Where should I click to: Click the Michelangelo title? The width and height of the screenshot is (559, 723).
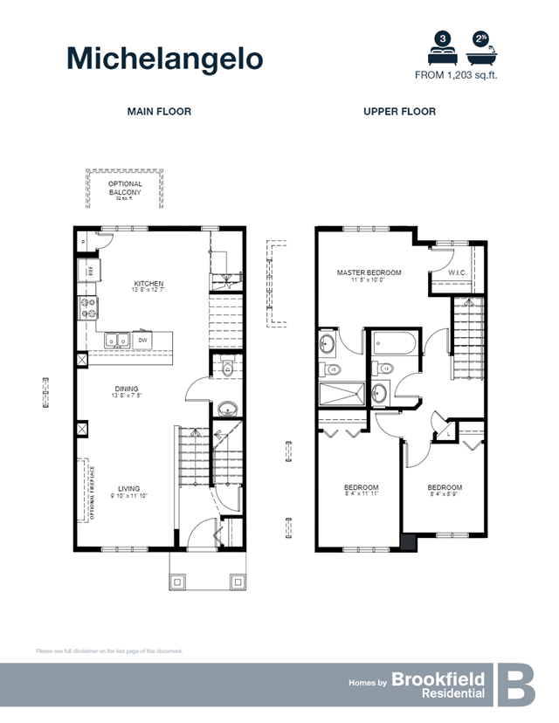164,58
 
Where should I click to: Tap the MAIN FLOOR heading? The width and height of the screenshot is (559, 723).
159,112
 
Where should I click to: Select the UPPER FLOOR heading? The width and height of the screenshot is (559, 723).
399,112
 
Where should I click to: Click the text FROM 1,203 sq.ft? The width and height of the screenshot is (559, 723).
460,75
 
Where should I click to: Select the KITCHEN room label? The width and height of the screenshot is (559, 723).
148,284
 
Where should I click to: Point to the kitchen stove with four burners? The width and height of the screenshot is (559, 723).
88,308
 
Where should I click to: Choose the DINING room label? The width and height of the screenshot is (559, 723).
127,389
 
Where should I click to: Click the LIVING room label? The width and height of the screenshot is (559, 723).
128,489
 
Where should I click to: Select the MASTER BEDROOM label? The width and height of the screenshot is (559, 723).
369,272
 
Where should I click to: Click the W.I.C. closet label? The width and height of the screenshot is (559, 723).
458,272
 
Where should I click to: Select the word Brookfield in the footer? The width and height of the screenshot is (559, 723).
438,678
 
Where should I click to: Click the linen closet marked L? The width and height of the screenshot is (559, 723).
448,431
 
